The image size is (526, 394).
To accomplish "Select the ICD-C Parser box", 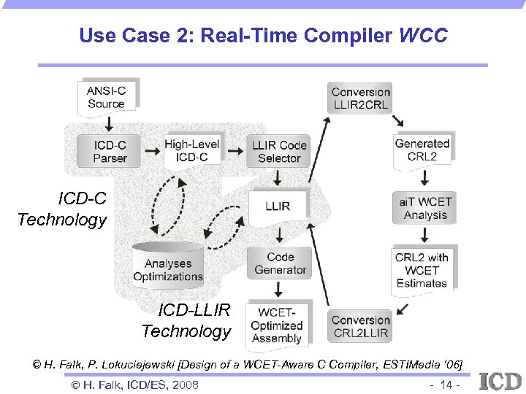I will click(110, 152).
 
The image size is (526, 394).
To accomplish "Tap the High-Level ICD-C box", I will click(191, 151).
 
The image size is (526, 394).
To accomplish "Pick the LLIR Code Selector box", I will click(279, 152).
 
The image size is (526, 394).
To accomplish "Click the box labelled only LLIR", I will click(278, 206).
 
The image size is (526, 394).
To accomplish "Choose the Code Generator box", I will click(280, 263).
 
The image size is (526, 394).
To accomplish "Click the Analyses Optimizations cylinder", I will click(168, 268).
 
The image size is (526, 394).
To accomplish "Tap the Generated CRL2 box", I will click(422, 150).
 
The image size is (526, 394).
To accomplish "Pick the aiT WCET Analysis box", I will click(425, 208).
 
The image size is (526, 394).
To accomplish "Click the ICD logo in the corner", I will click(500, 380).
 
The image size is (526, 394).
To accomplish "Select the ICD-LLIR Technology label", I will click(186, 321).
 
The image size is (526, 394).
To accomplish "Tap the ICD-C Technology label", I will click(63, 209).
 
